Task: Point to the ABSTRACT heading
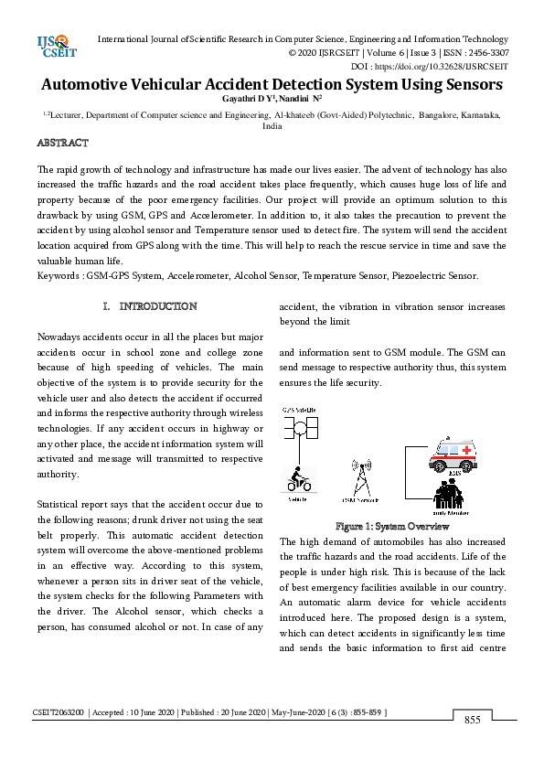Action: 62,144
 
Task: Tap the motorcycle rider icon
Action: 297,479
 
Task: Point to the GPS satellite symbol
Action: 298,429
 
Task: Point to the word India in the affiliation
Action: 272,126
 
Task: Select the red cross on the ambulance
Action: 467,451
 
